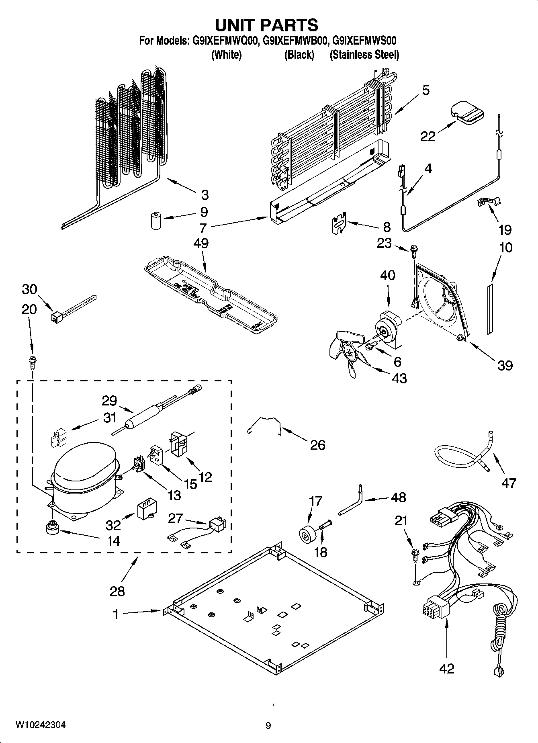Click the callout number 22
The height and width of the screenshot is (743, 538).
428,136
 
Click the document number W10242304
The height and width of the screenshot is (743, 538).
40,725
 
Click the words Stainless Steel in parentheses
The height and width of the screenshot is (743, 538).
364,55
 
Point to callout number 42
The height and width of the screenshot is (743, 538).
446,669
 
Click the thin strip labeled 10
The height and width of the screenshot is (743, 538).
489,308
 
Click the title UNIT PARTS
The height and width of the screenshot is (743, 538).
267,25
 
